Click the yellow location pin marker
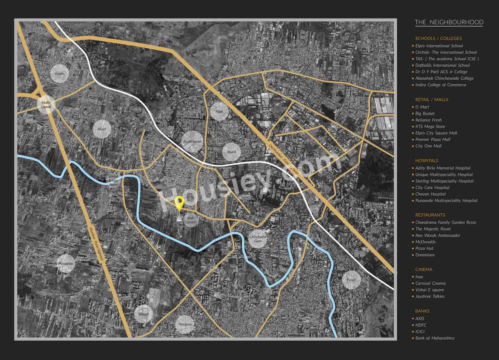[x=179, y=203]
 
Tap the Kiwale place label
[x=60, y=73]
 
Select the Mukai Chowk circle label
[x=46, y=104]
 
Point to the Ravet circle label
[x=102, y=129]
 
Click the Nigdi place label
[x=219, y=111]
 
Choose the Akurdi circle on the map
[x=232, y=152]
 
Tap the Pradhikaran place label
[x=192, y=142]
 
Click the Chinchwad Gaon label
[x=258, y=239]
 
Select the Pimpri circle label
[x=352, y=280]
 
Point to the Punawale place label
[x=66, y=264]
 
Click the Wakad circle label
[x=143, y=314]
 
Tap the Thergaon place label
[x=184, y=325]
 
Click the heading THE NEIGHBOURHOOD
[x=449, y=22]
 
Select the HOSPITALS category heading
[x=426, y=161]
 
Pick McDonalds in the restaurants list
[x=425, y=242]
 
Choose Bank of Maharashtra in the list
[x=435, y=338]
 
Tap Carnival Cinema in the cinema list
[x=430, y=283]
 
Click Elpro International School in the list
[x=439, y=46]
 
